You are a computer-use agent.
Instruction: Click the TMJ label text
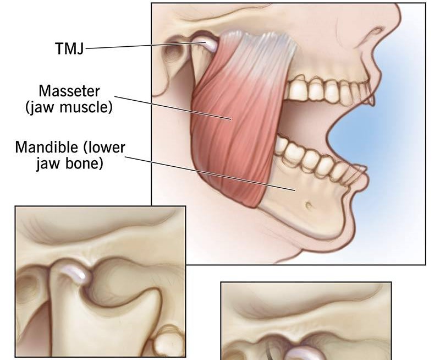70,48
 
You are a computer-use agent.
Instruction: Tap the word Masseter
69,91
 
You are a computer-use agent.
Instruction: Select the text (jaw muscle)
69,107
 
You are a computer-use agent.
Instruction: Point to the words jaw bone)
70,163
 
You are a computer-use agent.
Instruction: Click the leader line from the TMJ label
145,46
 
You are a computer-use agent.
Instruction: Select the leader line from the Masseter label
173,108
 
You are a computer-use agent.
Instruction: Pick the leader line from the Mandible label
211,173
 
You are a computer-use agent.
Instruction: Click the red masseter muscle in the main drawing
239,118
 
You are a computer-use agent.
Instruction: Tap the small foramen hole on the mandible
309,205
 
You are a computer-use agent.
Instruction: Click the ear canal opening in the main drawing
174,53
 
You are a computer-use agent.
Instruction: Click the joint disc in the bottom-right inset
304,353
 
